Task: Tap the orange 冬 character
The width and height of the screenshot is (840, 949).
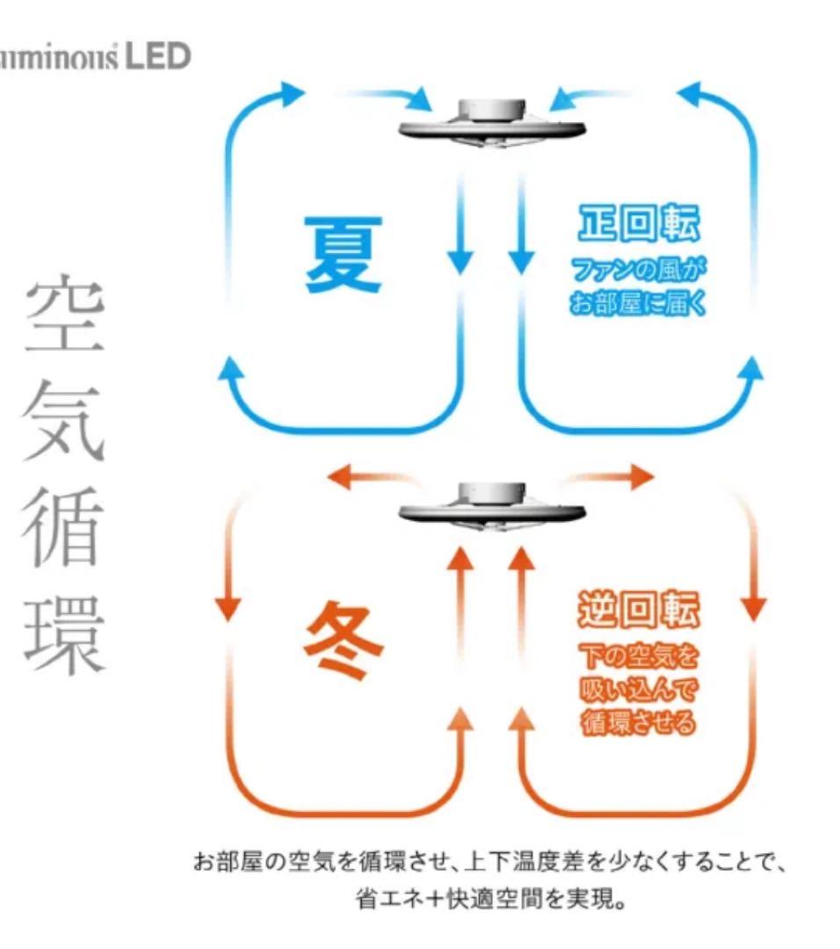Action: (x=344, y=641)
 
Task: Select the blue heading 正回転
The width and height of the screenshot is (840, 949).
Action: (x=639, y=226)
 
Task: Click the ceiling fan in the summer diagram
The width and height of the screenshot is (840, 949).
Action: (x=490, y=124)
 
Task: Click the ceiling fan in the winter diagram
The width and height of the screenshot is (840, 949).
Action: (x=490, y=509)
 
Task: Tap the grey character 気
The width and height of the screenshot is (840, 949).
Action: (x=64, y=422)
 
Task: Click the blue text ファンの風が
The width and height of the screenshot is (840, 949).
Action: (x=639, y=270)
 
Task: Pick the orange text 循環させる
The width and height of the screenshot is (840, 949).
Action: (x=639, y=722)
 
